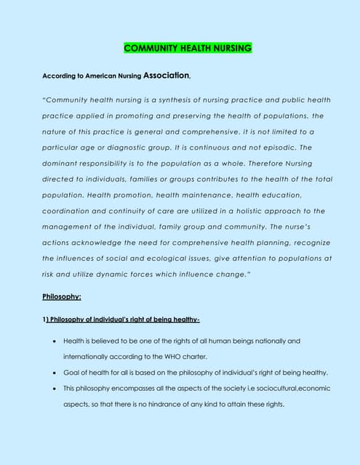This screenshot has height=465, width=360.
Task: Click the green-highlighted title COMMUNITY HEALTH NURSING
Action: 188,49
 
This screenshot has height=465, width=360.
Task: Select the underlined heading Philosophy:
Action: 62,297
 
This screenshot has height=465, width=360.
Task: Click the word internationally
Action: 89,357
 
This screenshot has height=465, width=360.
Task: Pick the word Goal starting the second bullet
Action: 72,373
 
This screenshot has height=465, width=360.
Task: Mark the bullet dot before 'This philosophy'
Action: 56,389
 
